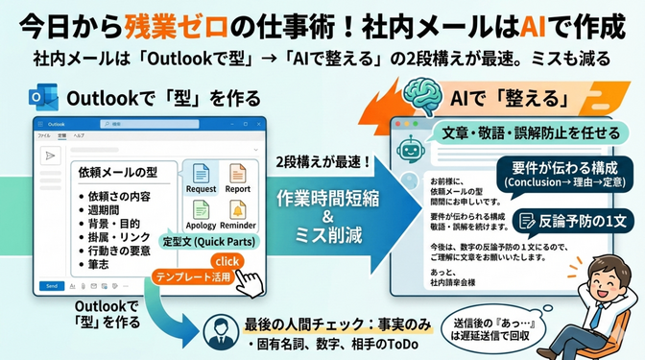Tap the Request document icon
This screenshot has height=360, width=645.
pos(202,177)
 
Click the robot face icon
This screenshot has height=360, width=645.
pos(411,148)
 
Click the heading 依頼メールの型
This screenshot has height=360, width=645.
pos(118,174)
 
